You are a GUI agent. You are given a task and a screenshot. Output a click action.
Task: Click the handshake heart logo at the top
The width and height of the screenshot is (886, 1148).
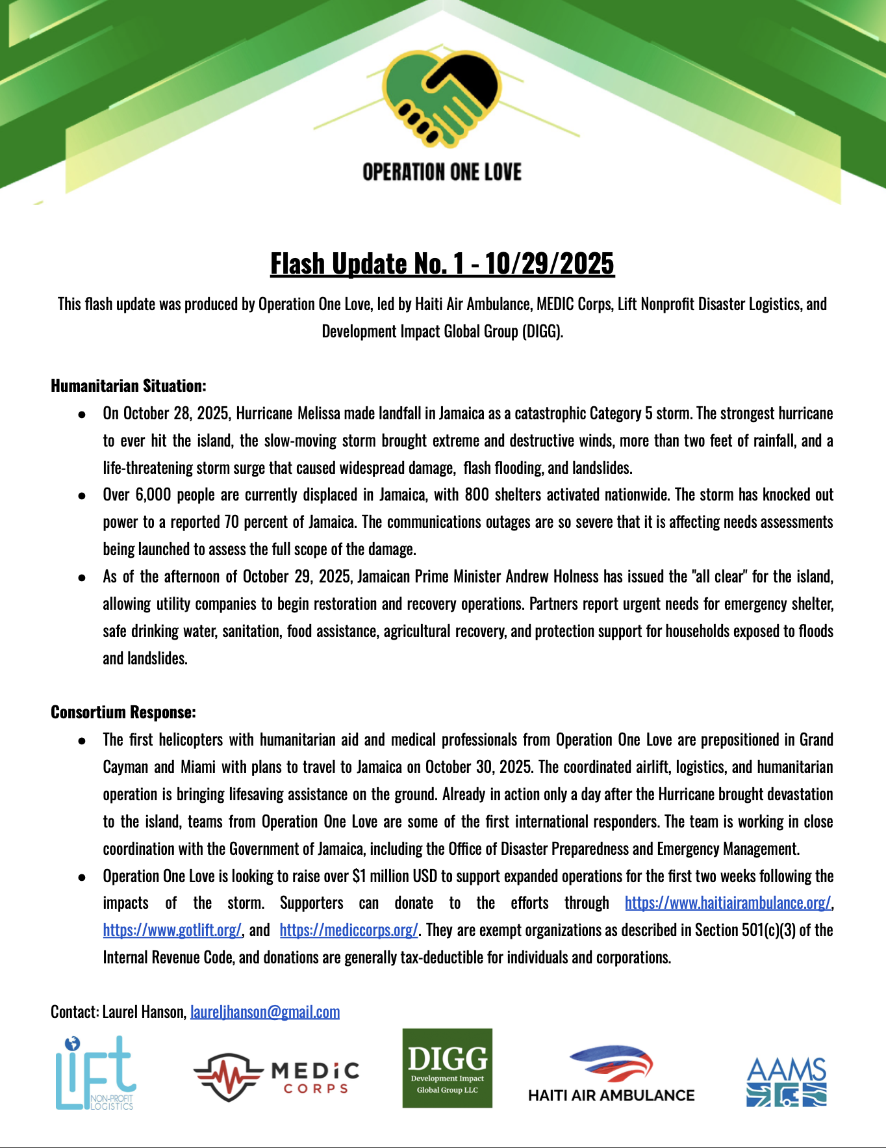tap(442, 98)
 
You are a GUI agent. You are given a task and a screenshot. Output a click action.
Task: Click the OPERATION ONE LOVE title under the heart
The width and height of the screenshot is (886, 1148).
tap(442, 172)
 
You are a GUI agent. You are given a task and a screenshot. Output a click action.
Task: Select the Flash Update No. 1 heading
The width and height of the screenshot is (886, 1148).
tap(442, 264)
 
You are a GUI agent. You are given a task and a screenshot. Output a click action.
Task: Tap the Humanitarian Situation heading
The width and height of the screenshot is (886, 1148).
tap(129, 386)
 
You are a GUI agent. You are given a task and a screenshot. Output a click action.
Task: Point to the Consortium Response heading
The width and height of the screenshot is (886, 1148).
tap(123, 712)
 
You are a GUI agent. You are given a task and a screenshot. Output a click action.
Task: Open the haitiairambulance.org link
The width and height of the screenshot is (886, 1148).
tap(728, 903)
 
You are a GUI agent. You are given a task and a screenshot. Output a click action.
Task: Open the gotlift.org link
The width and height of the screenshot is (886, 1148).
tap(172, 930)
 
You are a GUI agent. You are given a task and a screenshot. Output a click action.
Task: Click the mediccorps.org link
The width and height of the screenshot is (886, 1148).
tap(348, 930)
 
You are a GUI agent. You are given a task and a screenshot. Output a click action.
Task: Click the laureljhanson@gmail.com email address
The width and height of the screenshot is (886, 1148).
tap(265, 1012)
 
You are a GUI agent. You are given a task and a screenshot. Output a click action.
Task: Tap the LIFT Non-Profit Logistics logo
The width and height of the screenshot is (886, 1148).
tap(95, 1073)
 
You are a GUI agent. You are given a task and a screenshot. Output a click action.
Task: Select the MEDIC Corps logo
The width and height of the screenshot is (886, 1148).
tap(277, 1078)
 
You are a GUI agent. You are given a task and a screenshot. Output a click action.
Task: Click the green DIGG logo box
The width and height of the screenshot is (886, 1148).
tap(447, 1068)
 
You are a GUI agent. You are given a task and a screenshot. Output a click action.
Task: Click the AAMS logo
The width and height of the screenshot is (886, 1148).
tap(786, 1082)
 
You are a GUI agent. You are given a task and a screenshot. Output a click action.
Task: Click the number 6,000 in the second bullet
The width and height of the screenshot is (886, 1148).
tap(153, 495)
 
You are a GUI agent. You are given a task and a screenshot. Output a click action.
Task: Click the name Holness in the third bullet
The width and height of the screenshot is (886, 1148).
tap(574, 577)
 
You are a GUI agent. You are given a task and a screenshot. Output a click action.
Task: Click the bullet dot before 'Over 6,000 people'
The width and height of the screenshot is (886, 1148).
tap(82, 495)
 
